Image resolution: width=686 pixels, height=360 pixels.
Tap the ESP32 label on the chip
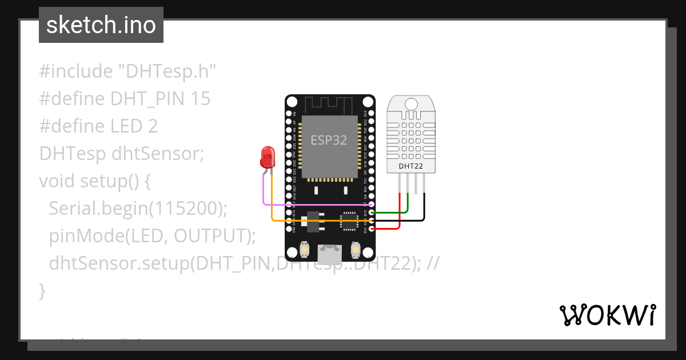(329, 140)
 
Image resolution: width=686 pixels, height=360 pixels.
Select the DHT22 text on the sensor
(411, 166)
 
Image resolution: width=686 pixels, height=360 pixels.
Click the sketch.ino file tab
(101, 25)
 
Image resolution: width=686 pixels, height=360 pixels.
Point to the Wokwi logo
(607, 315)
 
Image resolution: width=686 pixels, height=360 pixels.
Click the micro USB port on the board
(330, 252)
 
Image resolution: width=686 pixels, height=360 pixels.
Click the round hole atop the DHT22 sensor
(411, 104)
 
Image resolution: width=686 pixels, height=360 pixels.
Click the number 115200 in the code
(185, 209)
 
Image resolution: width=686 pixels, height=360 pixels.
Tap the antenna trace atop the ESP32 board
(329, 105)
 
